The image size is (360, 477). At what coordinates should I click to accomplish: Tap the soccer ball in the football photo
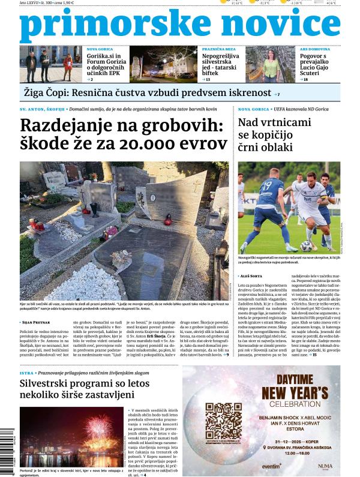[x=306, y=245]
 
